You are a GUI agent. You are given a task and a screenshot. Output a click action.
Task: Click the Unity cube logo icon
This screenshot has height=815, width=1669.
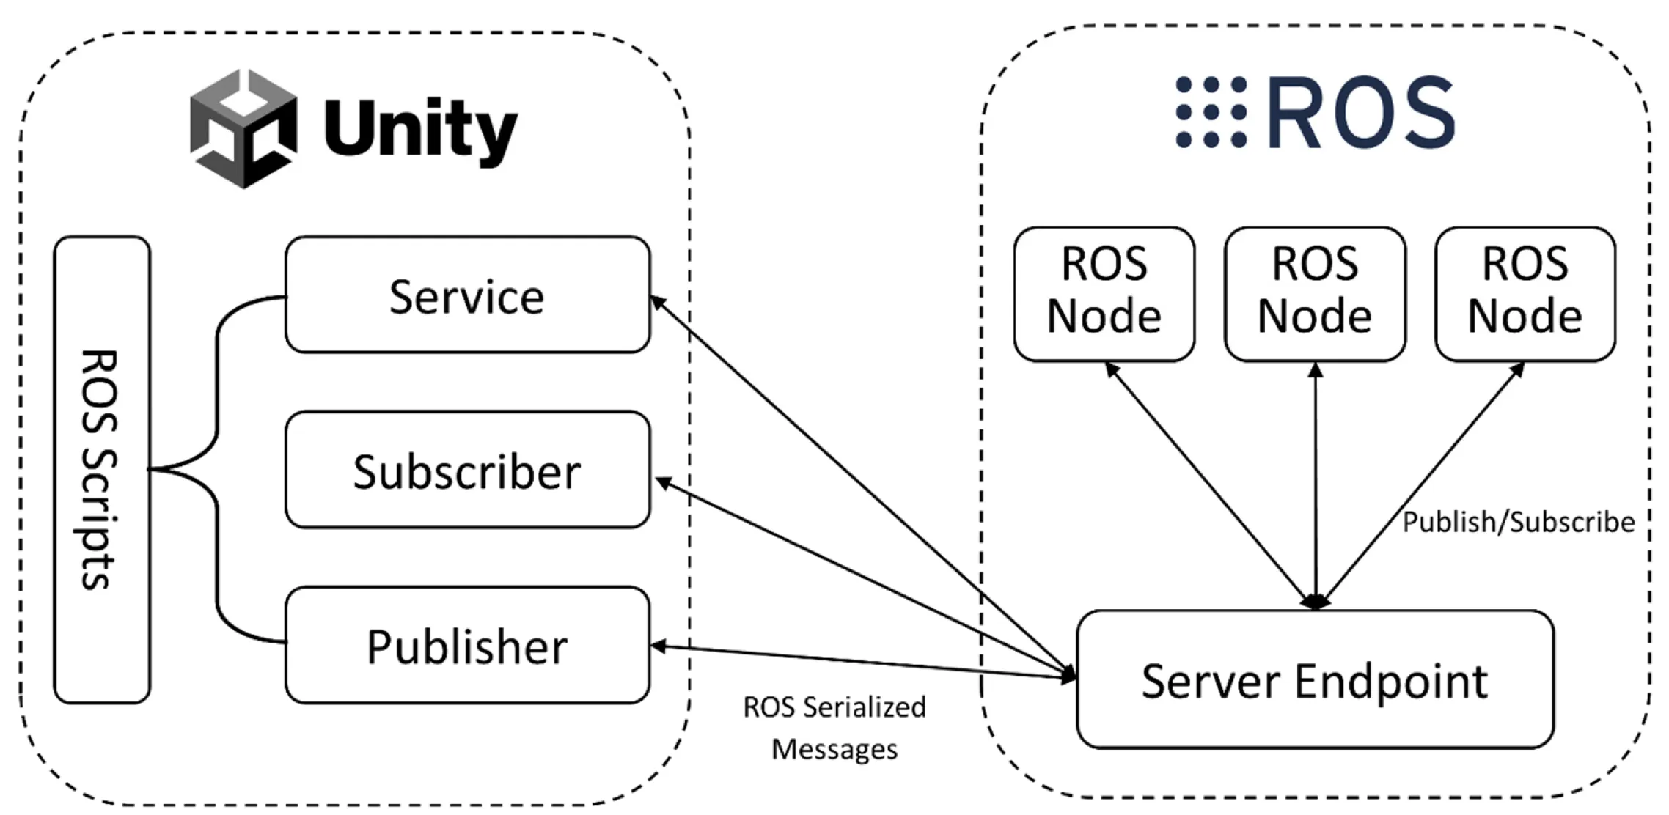pos(243,129)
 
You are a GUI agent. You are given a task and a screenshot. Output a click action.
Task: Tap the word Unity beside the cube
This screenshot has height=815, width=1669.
pos(421,130)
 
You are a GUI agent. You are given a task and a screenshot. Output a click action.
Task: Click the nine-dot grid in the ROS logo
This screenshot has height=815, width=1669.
pos(1211,112)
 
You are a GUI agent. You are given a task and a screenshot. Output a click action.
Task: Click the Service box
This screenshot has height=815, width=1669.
pos(467,295)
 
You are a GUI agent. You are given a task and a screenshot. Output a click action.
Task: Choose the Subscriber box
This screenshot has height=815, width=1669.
pos(467,470)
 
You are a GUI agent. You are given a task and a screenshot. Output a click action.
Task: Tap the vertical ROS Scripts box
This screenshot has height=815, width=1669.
pos(102,469)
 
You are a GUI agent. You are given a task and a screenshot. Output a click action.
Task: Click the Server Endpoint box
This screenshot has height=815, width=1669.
pos(1314,679)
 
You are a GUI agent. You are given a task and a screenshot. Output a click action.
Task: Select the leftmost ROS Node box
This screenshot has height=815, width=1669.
pos(1104,293)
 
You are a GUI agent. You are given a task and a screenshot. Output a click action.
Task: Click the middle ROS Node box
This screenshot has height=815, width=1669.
pos(1315,293)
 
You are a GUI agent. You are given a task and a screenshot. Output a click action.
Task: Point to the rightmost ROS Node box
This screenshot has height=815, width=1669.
pos(1525,293)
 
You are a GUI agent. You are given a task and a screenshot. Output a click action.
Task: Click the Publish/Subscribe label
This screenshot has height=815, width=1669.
pos(1518,523)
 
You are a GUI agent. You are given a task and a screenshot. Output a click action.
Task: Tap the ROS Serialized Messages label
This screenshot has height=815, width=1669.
pos(834,727)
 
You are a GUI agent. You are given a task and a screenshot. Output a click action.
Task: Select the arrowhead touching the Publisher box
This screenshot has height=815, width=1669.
pos(658,646)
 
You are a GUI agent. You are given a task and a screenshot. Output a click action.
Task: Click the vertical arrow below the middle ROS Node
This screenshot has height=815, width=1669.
pos(1316,484)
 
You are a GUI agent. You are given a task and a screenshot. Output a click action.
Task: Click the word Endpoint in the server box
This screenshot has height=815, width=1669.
pos(1391,681)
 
